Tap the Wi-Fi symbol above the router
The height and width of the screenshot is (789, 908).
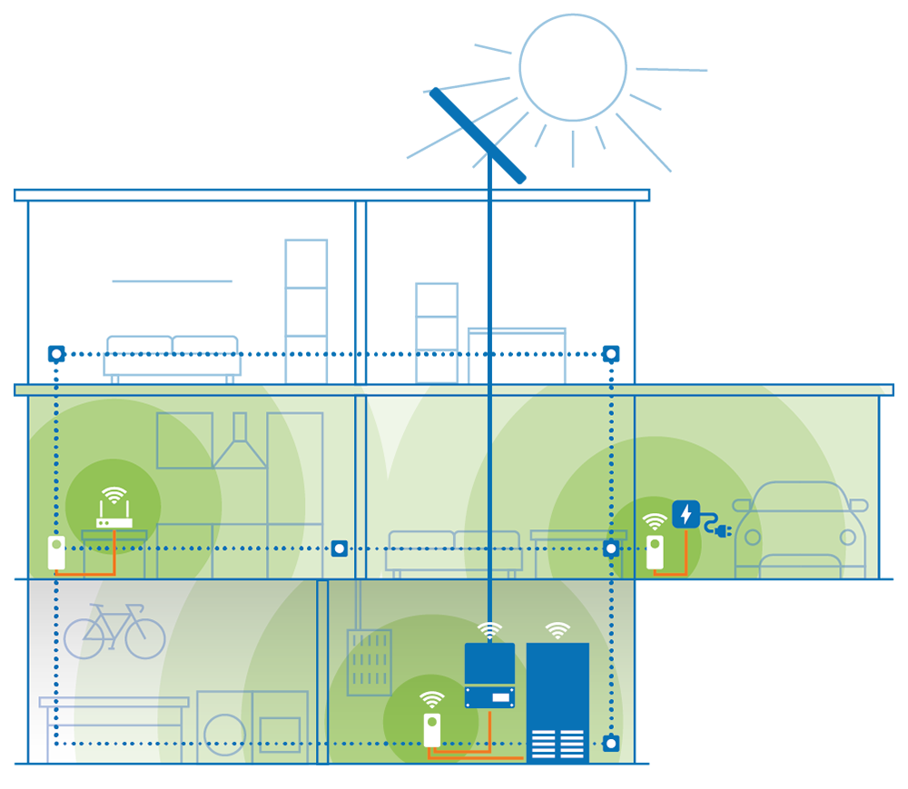114,496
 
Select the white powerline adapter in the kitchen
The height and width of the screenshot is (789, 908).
56,553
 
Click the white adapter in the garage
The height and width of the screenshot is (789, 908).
655,553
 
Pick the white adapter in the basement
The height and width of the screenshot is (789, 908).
432,730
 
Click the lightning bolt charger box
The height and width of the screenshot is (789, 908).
686,515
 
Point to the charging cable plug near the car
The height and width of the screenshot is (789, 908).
723,528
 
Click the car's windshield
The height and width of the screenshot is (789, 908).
800,498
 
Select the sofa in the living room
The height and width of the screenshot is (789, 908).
454,550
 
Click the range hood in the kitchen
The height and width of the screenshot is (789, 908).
240,445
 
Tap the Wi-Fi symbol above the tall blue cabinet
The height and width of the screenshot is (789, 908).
558,630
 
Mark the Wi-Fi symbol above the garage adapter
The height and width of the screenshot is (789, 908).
655,521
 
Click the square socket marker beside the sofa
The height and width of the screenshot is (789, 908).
339,548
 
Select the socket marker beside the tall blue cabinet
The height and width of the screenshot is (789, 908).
611,744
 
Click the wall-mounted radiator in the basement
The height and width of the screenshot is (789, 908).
369,662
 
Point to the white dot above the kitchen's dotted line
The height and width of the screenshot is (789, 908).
56,353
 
